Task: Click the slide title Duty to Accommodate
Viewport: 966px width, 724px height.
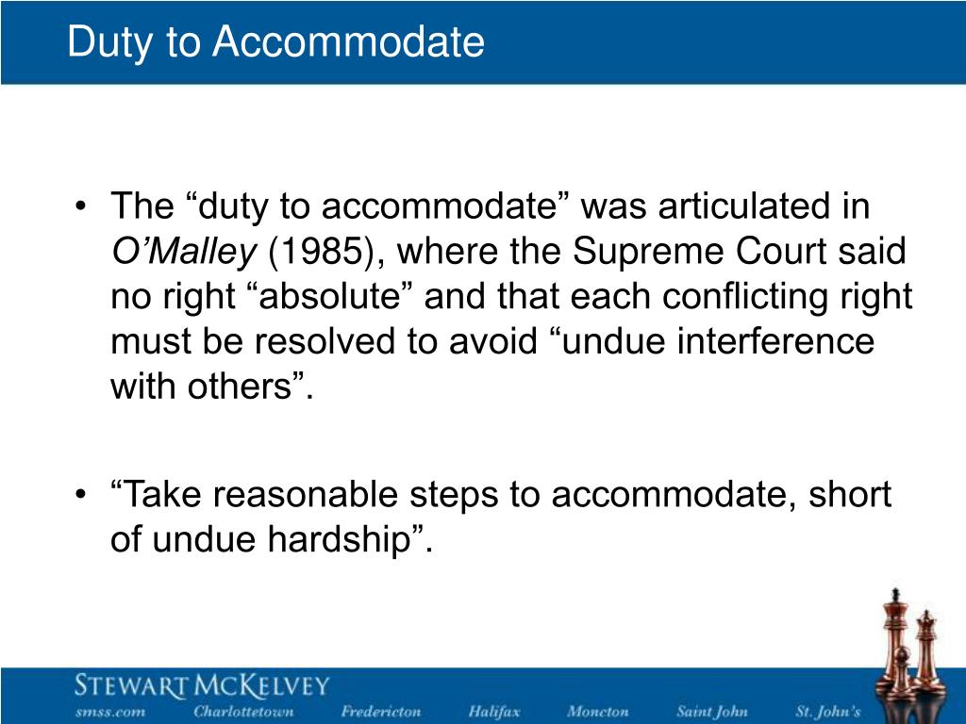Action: pos(275,41)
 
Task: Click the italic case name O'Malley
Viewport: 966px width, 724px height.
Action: pos(184,252)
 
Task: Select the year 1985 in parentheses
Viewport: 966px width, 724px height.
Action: pos(321,252)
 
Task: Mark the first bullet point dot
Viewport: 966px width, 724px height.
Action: pos(80,206)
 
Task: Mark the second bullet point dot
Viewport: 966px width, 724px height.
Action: pos(80,495)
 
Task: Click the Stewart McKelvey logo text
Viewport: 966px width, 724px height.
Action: pos(202,685)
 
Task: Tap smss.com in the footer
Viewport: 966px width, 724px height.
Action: pos(110,712)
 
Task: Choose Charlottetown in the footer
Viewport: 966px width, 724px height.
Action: pos(244,712)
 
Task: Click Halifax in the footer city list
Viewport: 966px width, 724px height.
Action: pos(494,712)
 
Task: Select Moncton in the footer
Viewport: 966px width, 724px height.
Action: pos(597,712)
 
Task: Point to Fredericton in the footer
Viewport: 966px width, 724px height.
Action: pos(381,712)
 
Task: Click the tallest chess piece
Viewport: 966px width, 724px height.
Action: pos(894,640)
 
